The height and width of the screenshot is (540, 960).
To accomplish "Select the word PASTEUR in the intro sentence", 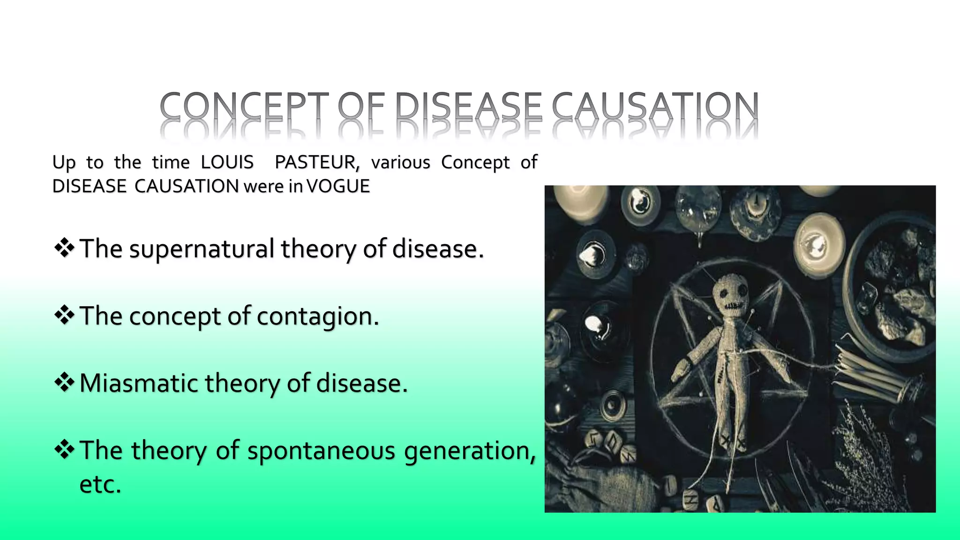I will pos(317,162).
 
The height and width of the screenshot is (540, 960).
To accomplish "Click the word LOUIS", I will pos(227,162).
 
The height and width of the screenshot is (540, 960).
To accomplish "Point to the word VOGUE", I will pos(338,187).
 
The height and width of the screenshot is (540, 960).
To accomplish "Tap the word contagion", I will pos(318,316).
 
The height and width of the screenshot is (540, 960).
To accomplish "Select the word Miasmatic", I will pos(139,383).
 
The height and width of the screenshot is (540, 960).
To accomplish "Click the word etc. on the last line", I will pos(100,484).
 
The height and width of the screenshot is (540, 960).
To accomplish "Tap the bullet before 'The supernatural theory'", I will pos(64,248).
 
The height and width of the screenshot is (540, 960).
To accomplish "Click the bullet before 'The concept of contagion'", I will pos(64,315).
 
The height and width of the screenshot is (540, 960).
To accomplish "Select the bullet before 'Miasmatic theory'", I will pos(64,382).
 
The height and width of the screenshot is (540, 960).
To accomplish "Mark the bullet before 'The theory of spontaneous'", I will pos(64,450).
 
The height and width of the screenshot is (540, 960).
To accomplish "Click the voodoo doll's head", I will pos(731,295).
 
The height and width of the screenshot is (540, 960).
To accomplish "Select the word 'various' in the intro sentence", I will pos(400,162).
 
